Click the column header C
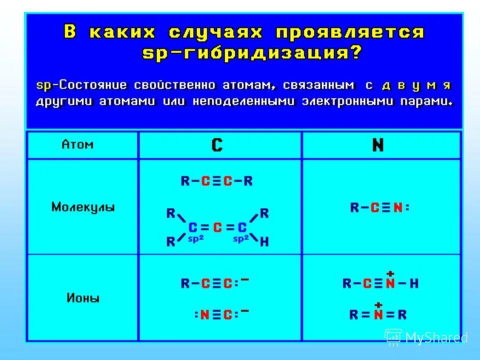[x=217, y=145]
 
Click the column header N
[x=378, y=145]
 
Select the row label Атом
[x=77, y=144]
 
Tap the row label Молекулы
[x=83, y=207]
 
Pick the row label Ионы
[x=83, y=298]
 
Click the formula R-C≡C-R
[x=216, y=181]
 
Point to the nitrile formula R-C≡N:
[x=379, y=207]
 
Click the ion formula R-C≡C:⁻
[x=214, y=283]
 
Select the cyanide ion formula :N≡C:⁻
[x=220, y=314]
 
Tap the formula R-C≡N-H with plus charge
[x=380, y=283]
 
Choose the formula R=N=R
[x=378, y=314]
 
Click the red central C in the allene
[x=217, y=228]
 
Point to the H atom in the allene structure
[x=264, y=242]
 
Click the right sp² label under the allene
[x=240, y=239]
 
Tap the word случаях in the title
[x=215, y=33]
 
